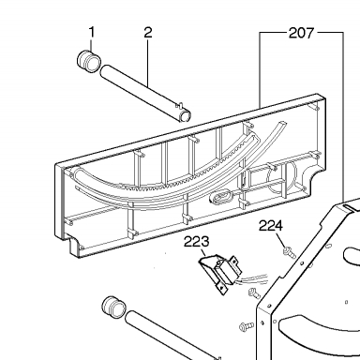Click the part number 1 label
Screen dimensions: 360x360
pos(92,32)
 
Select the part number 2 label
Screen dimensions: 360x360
pos(148,32)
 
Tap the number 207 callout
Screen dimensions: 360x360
pos(301,33)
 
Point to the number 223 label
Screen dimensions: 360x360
pos(196,242)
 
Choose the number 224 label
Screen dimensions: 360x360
pos(271,226)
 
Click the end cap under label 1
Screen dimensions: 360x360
pos(89,61)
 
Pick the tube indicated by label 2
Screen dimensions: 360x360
pos(145,93)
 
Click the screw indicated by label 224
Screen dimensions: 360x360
pos(289,252)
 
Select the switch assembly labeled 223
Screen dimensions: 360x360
pos(220,273)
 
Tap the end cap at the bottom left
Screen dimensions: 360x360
pos(114,307)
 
